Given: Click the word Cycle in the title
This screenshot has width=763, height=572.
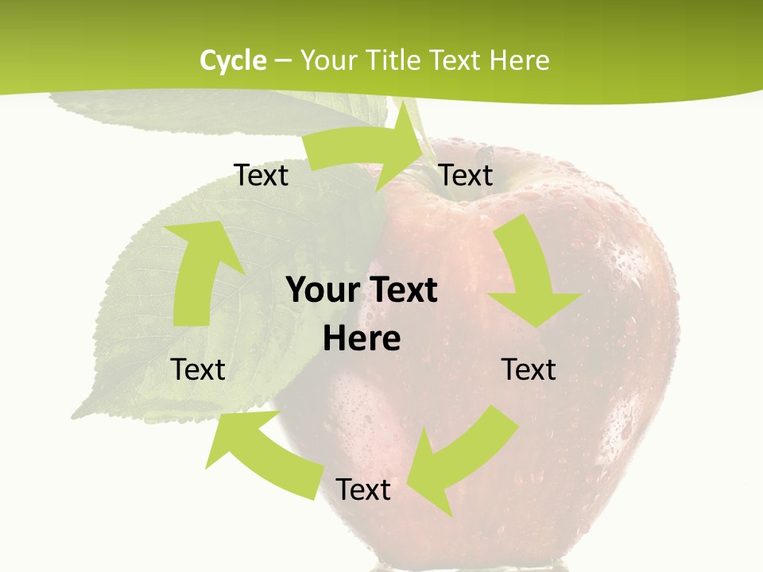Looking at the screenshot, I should tap(233, 60).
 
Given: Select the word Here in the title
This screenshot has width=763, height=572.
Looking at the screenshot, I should tap(519, 60).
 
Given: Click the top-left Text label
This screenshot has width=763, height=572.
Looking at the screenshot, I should tap(261, 175).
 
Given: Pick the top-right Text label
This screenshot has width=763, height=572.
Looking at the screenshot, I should tap(466, 175).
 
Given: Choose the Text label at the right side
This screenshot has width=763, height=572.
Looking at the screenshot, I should tap(529, 369).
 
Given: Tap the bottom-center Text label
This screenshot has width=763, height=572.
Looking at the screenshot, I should tap(363, 489).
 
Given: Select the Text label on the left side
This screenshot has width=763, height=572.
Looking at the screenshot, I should tap(198, 369).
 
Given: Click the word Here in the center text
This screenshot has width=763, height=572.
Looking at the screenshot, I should tap(362, 338).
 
